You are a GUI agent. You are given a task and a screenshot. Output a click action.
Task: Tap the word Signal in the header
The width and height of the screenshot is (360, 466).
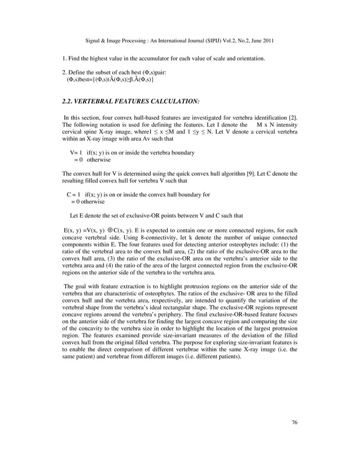click(x=94, y=40)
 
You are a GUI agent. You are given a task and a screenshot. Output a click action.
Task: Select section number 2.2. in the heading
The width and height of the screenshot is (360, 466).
click(x=70, y=102)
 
